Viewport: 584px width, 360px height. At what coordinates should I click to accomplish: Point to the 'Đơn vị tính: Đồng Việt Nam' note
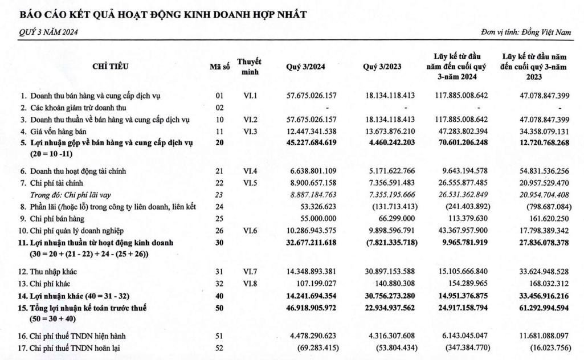pyautogui.click(x=525, y=32)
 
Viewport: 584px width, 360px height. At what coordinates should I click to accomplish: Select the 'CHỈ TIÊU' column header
pyautogui.click(x=110, y=67)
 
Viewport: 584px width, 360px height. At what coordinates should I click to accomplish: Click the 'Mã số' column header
pyautogui.click(x=219, y=67)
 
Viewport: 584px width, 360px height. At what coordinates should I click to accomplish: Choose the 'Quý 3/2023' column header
pyautogui.click(x=382, y=67)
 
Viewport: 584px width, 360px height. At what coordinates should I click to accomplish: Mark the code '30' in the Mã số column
pyautogui.click(x=219, y=243)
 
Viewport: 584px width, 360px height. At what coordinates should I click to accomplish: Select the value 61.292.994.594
pyautogui.click(x=536, y=308)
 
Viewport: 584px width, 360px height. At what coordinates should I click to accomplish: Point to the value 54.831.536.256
pyautogui.click(x=536, y=171)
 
